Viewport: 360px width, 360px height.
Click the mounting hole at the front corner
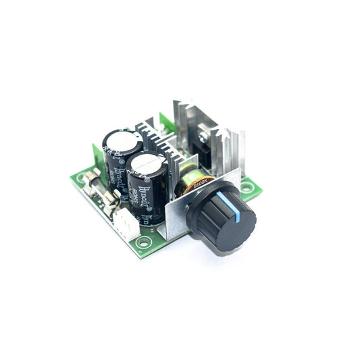(x=143, y=241)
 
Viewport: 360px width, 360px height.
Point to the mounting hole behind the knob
(x=247, y=187)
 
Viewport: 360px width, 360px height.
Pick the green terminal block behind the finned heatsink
(x=165, y=124)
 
